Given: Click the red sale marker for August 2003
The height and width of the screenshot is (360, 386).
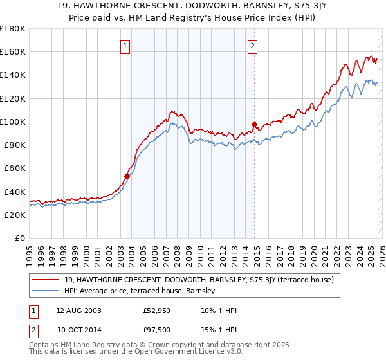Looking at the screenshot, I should [x=127, y=176].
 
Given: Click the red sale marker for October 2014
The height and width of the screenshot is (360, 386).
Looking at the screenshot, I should [x=254, y=124].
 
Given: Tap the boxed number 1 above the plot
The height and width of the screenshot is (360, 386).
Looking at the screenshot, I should [x=124, y=46].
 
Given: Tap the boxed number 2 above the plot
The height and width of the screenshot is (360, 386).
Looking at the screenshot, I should [x=252, y=46].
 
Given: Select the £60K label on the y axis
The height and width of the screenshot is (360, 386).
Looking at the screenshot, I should [x=14, y=168].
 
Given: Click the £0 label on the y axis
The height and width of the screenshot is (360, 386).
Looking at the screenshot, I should [x=21, y=238].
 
